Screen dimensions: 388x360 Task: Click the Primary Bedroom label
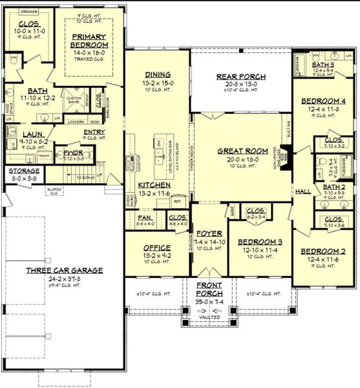tap(89, 40)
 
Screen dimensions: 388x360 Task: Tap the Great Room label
tap(241, 150)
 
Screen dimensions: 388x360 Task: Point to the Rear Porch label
tap(240, 76)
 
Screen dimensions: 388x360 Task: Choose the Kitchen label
tap(154, 185)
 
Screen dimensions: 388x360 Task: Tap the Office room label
tap(156, 247)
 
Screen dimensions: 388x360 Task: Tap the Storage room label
tap(24, 171)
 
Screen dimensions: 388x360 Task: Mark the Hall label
tap(302, 191)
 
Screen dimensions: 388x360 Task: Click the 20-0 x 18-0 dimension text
tap(241, 158)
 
